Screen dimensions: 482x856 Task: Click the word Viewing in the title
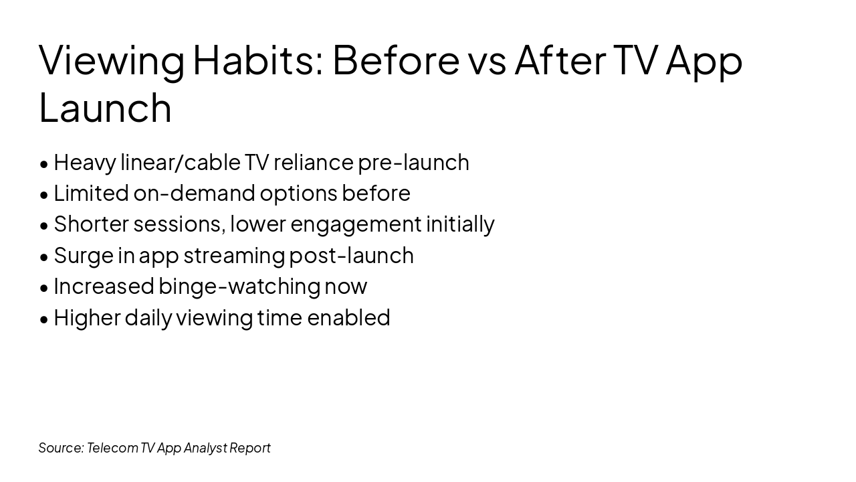[111, 60]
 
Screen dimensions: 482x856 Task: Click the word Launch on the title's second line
[105, 108]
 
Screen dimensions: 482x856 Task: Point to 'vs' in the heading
[487, 60]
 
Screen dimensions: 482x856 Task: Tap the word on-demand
[193, 193]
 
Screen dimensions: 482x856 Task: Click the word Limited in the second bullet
[91, 193]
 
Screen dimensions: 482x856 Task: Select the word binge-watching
[239, 287]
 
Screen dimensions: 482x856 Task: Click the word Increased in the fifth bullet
[104, 287]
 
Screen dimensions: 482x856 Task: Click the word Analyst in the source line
[205, 448]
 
